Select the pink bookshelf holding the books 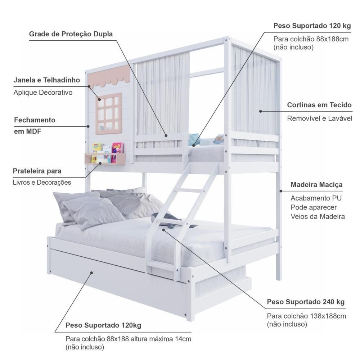pyautogui.click(x=105, y=159)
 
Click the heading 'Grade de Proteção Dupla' pyautogui.click(x=71, y=34)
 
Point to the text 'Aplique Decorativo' pyautogui.click(x=43, y=93)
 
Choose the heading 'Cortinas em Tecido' pyautogui.click(x=319, y=105)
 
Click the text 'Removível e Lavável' pyautogui.click(x=320, y=118)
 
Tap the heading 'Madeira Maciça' pyautogui.click(x=316, y=185)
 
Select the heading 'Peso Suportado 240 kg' pyautogui.click(x=306, y=302)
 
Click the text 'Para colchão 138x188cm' pyautogui.click(x=306, y=316)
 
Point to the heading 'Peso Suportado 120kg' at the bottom pyautogui.click(x=103, y=325)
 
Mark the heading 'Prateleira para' pyautogui.click(x=37, y=171)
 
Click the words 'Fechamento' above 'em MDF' pyautogui.click(x=35, y=120)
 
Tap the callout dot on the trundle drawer pyautogui.click(x=91, y=273)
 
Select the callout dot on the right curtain pyautogui.click(x=260, y=111)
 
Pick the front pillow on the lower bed pyautogui.click(x=94, y=213)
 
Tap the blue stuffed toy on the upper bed pyautogui.click(x=194, y=139)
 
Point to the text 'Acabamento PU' pyautogui.click(x=316, y=198)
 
